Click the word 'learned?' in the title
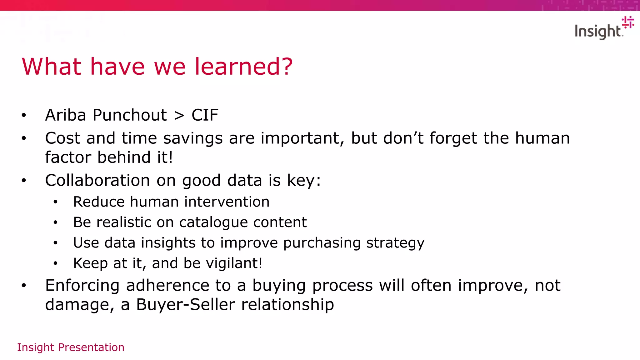243,67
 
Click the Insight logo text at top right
598,32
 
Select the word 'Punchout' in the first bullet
130,115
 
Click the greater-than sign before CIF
179,115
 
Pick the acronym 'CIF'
205,115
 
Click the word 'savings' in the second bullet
193,138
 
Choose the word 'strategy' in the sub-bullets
395,243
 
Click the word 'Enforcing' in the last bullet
82,285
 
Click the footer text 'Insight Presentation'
71,347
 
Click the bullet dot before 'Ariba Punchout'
24,115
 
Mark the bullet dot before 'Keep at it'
55,263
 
